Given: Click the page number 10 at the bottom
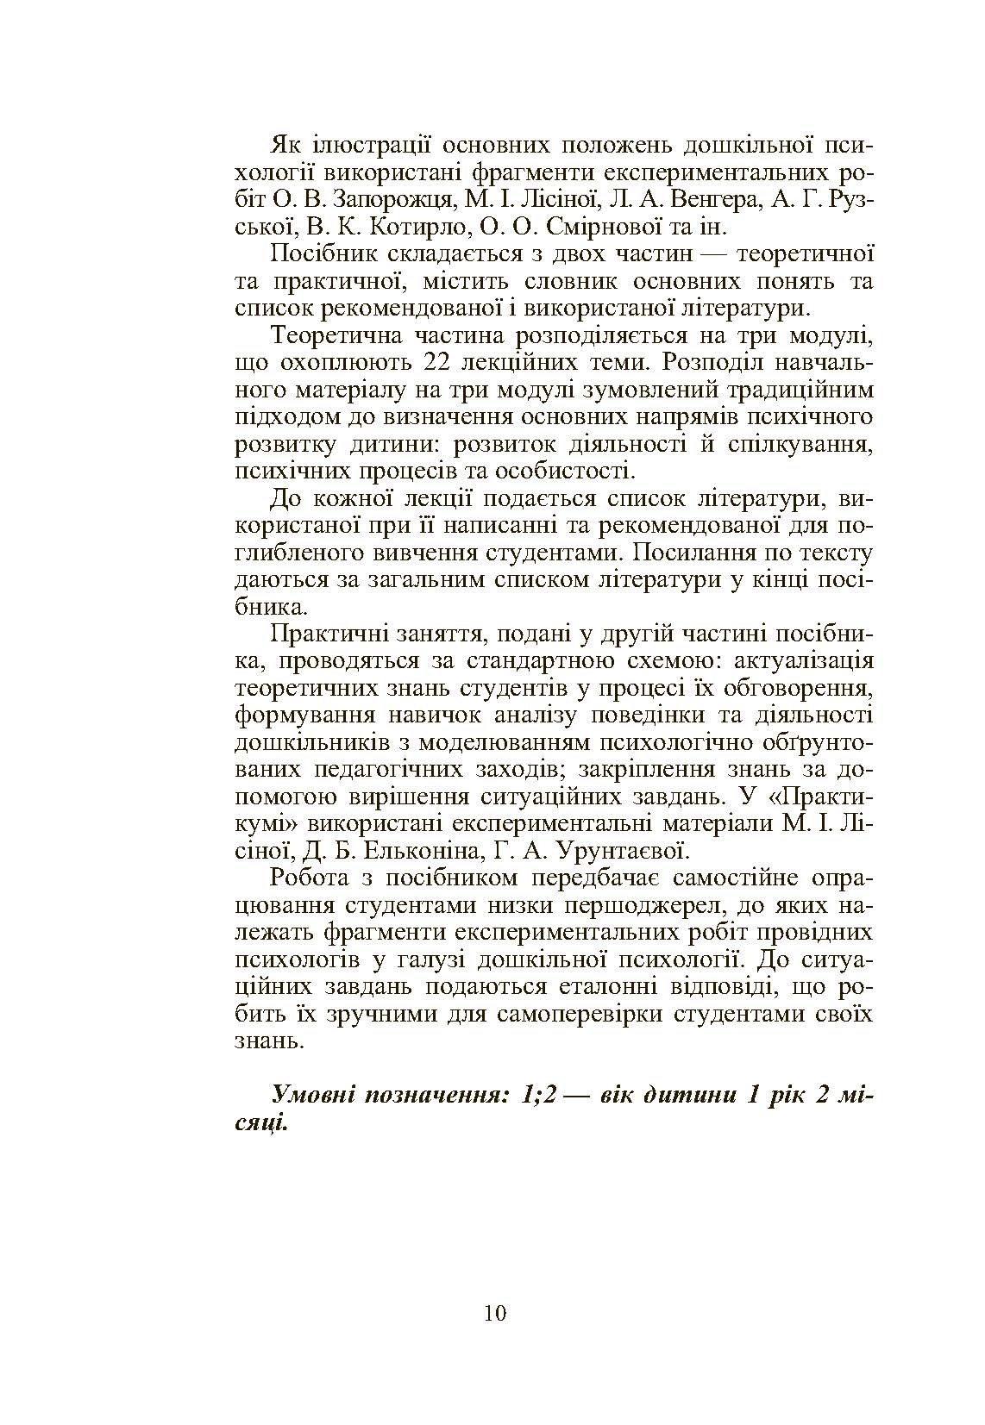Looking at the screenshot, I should click(495, 1313).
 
